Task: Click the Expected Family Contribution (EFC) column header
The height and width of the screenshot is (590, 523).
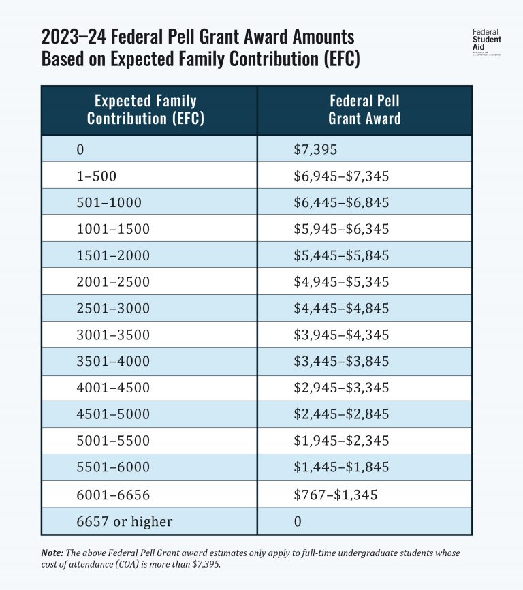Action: coord(146,110)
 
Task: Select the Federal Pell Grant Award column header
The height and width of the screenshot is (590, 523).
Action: coord(364,110)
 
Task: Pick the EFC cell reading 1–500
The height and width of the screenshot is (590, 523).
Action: coord(97,176)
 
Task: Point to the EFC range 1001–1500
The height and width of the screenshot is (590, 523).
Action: coord(113,229)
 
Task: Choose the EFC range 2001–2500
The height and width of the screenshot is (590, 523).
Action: coord(113,282)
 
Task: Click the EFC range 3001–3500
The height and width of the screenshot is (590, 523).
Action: coord(113,335)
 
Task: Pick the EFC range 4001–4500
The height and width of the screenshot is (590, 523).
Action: coord(113,388)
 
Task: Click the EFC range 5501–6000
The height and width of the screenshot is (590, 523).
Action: coord(113,468)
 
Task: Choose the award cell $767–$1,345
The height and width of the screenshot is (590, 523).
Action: coord(331,495)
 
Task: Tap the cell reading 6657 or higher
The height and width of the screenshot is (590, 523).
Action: coord(125,522)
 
